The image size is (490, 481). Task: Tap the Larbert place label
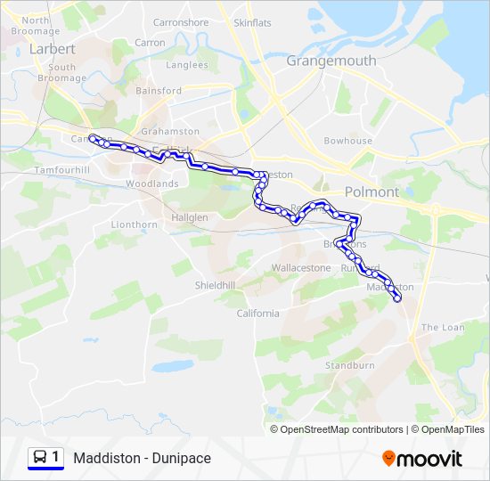pyautogui.click(x=52, y=49)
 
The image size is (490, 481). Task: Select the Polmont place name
pyautogui.click(x=372, y=192)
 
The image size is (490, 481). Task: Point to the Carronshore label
pyautogui.click(x=181, y=22)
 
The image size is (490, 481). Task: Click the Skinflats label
pyautogui.click(x=252, y=22)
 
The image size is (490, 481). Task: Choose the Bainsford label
pyautogui.click(x=159, y=91)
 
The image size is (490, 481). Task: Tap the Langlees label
pyautogui.click(x=186, y=65)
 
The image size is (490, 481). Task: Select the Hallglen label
pyautogui.click(x=189, y=217)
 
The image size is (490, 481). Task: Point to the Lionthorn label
pyautogui.click(x=134, y=224)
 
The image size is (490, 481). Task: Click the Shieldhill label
pyautogui.click(x=215, y=285)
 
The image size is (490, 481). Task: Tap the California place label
pyautogui.click(x=257, y=313)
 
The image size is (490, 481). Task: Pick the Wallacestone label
pyautogui.click(x=301, y=267)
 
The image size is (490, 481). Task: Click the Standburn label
pyautogui.click(x=349, y=365)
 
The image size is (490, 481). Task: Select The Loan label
pyautogui.click(x=443, y=327)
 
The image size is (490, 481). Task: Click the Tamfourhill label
pyautogui.click(x=62, y=169)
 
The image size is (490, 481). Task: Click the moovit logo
pyautogui.click(x=422, y=459)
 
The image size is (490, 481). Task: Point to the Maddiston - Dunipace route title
pyautogui.click(x=143, y=458)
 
